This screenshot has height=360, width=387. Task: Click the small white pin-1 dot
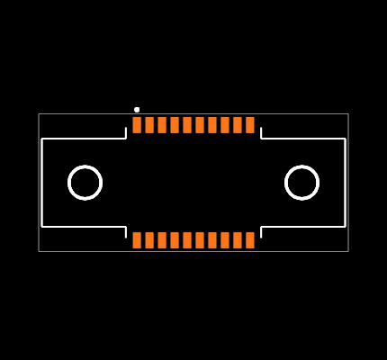click(x=137, y=110)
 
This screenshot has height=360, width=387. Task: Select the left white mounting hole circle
click(x=85, y=183)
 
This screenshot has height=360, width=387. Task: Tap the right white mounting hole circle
click(x=301, y=183)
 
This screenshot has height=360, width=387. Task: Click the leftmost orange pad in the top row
click(x=137, y=125)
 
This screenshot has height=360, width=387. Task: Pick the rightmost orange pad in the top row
click(x=250, y=125)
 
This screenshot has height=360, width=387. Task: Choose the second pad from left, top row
click(x=149, y=125)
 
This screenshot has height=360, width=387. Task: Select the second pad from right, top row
click(x=238, y=125)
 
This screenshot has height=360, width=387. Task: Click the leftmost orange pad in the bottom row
click(x=137, y=240)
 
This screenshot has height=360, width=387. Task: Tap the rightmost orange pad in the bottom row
click(x=250, y=240)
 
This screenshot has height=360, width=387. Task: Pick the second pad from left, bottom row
click(x=149, y=240)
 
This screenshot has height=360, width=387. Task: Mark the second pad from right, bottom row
click(x=238, y=240)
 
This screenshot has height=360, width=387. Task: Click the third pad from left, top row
click(x=162, y=125)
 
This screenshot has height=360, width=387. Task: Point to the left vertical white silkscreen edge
click(x=41, y=183)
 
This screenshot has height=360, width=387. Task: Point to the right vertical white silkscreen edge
click(x=345, y=183)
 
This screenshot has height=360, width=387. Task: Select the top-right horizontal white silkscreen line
click(x=303, y=139)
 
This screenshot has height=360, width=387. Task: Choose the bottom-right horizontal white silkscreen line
click(x=303, y=226)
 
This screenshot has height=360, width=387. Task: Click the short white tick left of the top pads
click(x=125, y=132)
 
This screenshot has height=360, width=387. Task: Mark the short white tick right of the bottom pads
click(x=261, y=232)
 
